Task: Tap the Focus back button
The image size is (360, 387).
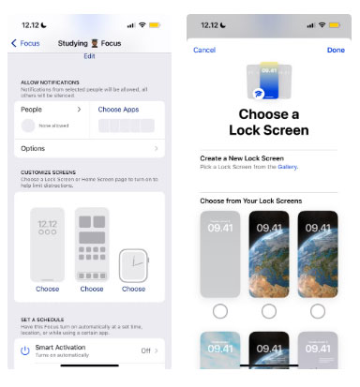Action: [26, 43]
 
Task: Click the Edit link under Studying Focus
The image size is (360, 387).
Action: [89, 56]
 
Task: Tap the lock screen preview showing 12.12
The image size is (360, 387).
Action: [48, 244]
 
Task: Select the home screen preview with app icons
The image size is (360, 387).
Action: [92, 244]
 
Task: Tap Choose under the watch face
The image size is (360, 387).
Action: [133, 290]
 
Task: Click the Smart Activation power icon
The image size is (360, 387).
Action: [24, 350]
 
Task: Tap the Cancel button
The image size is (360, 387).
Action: [204, 50]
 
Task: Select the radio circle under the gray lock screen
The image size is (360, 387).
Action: [220, 310]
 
